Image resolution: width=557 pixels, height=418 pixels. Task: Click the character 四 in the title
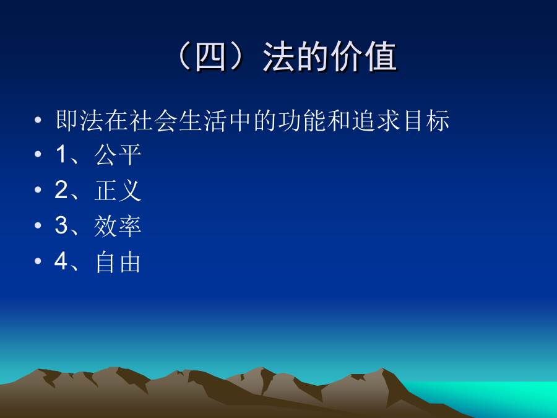click(210, 57)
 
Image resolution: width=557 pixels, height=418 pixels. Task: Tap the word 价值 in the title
click(363, 57)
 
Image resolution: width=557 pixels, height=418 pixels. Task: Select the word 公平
click(118, 155)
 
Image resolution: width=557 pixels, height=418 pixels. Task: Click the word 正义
click(118, 190)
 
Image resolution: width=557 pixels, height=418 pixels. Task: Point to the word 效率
click(118, 226)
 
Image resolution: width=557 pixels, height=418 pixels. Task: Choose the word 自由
click(118, 262)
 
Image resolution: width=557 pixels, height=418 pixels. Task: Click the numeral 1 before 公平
click(61, 155)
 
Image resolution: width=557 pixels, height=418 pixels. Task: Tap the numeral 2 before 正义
click(61, 190)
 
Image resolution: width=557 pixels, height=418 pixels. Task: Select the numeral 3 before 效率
click(61, 225)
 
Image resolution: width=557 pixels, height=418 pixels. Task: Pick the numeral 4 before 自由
click(61, 261)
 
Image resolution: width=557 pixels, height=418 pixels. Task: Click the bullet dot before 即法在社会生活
click(38, 120)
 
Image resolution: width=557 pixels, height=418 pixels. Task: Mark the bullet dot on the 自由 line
click(38, 261)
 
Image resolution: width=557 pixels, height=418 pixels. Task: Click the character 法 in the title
click(278, 57)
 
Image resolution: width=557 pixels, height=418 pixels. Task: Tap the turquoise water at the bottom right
click(498, 394)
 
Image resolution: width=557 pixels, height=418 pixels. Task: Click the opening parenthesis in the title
click(184, 57)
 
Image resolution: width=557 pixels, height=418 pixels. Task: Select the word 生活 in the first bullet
click(203, 121)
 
